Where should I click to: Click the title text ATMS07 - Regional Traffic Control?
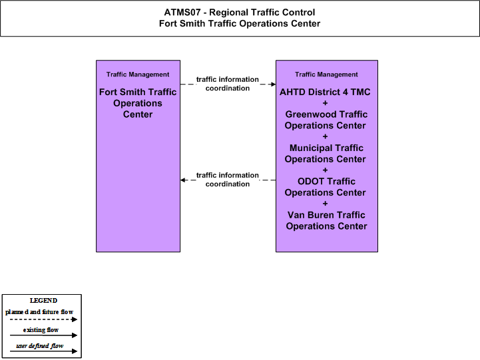(240, 12)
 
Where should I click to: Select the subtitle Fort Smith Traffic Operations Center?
(240, 23)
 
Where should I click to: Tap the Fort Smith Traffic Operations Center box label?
(138, 103)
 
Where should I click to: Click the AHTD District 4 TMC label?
(325, 92)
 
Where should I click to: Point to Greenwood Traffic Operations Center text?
(326, 120)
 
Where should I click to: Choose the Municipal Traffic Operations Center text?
(326, 154)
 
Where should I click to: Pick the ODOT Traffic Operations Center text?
(326, 187)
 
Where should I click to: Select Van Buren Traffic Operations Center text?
(326, 220)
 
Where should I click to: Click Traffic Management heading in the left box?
(138, 75)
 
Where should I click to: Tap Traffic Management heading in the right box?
(326, 75)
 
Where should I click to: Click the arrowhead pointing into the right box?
(274, 84)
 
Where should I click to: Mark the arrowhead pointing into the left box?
(183, 180)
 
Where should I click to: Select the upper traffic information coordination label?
(228, 84)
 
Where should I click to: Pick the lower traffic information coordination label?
(228, 180)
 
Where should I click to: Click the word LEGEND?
(43, 301)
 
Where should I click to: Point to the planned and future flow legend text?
(39, 312)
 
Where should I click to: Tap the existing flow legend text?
(41, 330)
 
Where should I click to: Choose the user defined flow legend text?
(40, 346)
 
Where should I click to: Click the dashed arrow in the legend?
(43, 319)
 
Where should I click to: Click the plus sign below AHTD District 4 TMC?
(325, 103)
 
